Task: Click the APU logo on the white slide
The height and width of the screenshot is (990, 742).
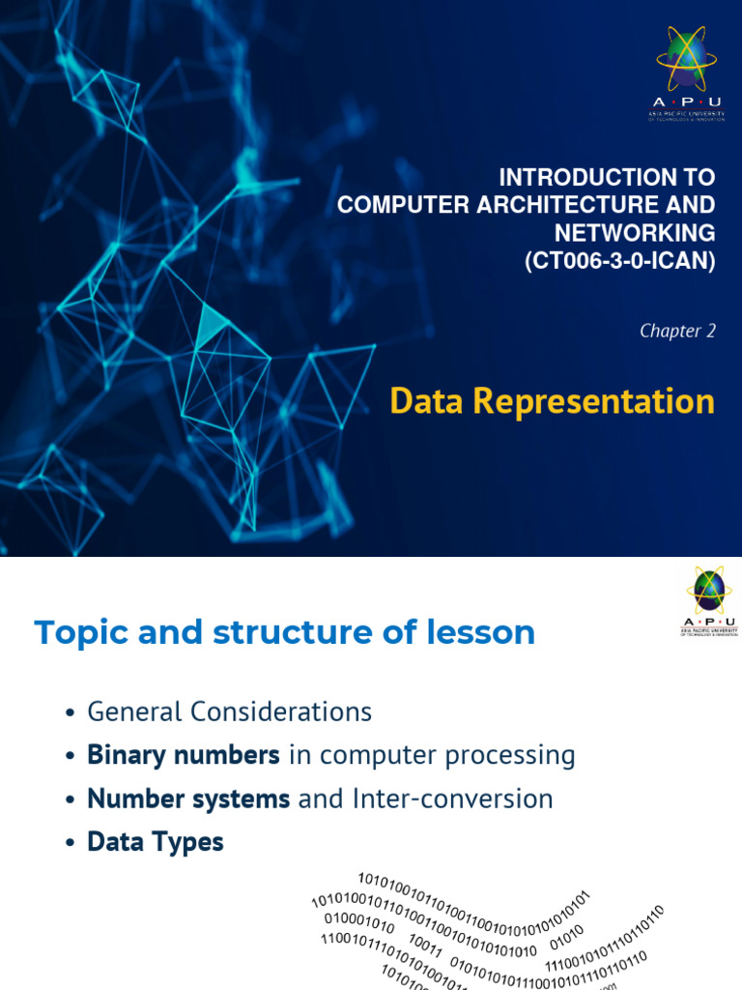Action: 708,601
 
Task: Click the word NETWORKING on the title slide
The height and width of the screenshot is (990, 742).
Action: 635,233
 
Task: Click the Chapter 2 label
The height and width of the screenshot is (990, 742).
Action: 677,331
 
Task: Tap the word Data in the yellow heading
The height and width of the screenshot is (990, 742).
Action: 423,400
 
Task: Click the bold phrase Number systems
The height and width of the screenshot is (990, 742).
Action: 188,799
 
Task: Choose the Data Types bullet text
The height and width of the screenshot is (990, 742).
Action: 156,842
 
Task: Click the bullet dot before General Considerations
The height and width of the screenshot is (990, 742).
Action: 70,713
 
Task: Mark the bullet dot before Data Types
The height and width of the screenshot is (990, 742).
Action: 70,843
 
